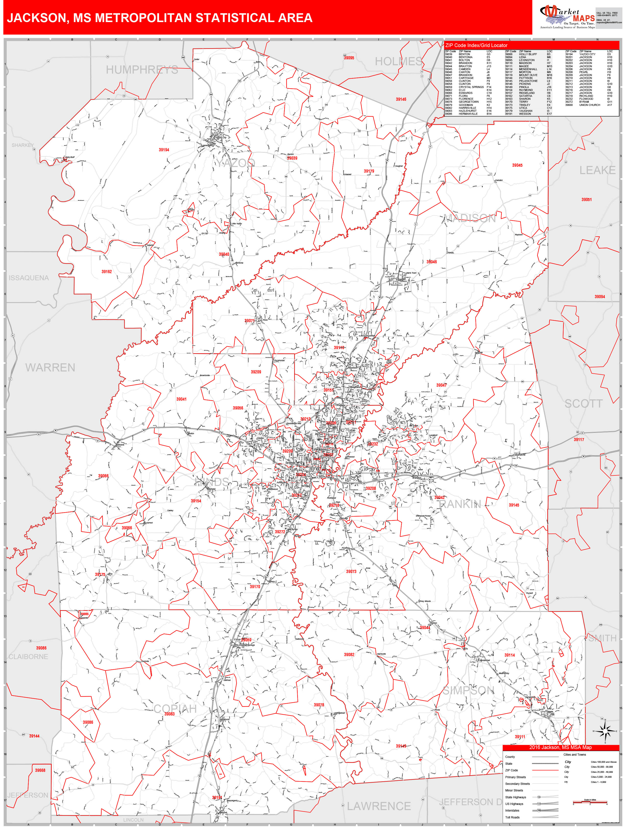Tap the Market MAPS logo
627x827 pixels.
(x=567, y=17)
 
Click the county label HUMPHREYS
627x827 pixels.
(x=142, y=70)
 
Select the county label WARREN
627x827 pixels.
(x=50, y=368)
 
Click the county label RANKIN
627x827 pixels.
(x=460, y=504)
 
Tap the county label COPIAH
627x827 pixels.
(x=175, y=709)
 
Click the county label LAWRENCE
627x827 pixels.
(x=379, y=806)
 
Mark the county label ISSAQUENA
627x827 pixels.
(x=29, y=278)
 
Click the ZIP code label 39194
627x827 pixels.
(x=164, y=150)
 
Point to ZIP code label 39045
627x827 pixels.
(x=517, y=165)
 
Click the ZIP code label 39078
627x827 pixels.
(x=319, y=705)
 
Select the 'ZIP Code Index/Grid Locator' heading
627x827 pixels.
(x=476, y=45)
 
